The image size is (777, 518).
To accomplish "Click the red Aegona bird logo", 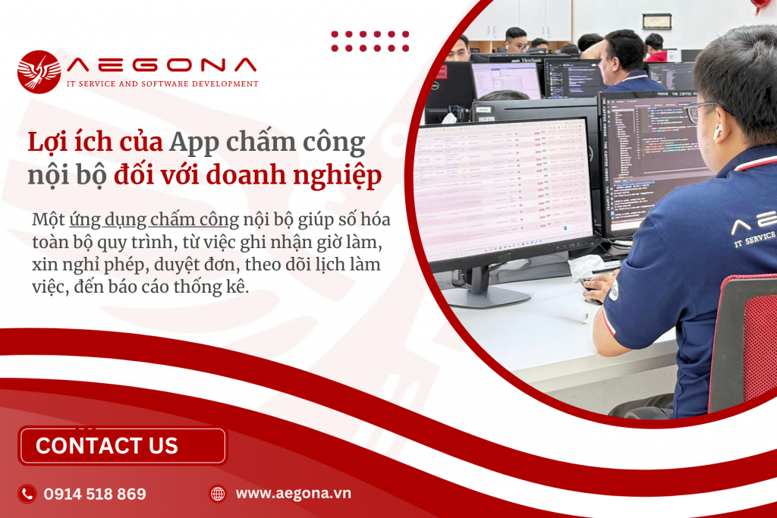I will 39,71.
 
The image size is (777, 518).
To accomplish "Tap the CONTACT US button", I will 122,446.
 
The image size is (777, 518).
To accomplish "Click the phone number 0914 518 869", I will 95,494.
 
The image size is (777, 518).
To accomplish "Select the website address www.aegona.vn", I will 293,493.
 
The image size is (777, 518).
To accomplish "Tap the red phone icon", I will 27,494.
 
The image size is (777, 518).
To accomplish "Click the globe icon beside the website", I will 218,494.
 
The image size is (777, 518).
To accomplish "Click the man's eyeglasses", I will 702,111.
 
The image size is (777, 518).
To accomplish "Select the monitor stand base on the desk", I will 486,297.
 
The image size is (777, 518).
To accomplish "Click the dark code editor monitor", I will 653,159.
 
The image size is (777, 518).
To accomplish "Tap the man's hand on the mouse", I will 599,287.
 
